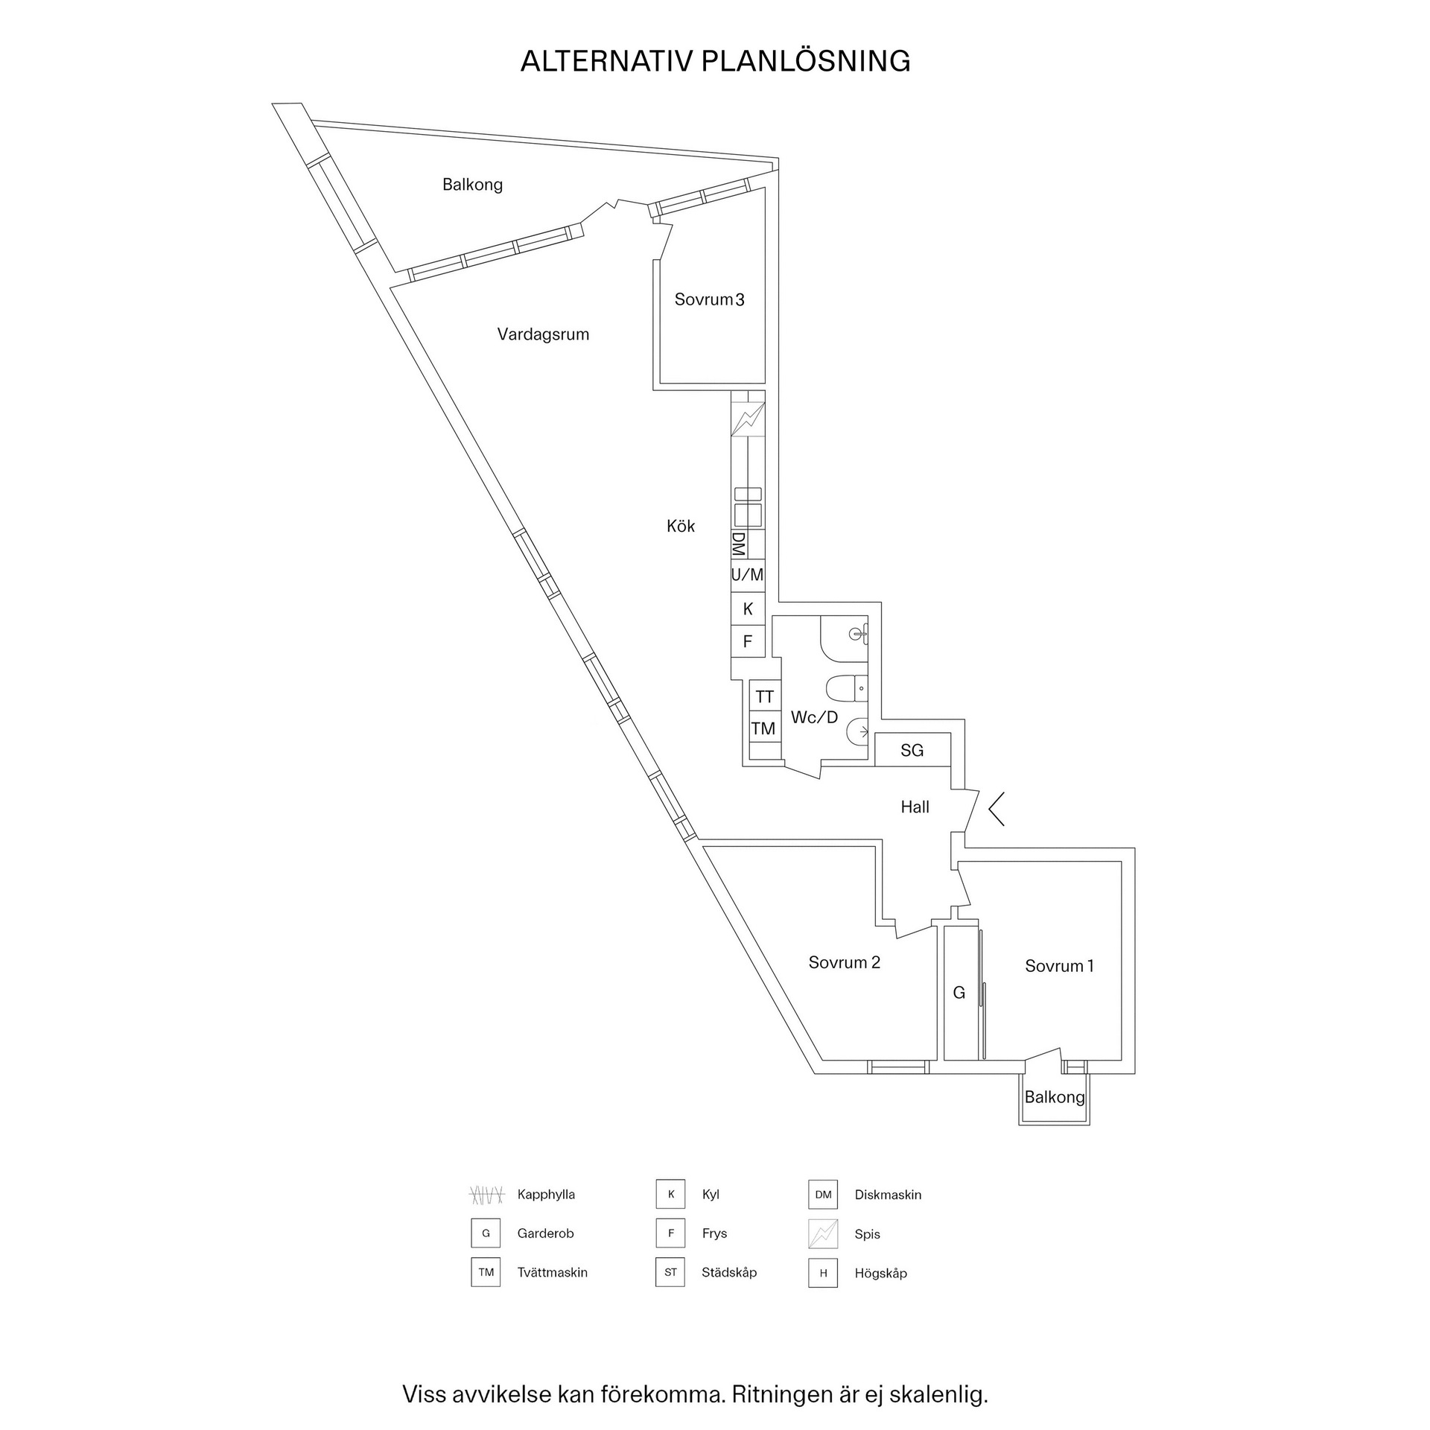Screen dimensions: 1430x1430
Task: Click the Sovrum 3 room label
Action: [709, 299]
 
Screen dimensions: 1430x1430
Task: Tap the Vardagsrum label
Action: [543, 334]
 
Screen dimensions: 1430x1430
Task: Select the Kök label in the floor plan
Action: [681, 527]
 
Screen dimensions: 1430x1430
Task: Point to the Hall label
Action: [915, 807]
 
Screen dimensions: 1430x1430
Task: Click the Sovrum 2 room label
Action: [844, 962]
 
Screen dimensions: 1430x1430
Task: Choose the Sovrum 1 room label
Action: [1059, 966]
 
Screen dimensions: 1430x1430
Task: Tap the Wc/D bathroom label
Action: [814, 717]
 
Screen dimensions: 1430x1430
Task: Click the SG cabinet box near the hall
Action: [912, 750]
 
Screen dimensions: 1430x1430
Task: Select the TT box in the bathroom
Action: [764, 696]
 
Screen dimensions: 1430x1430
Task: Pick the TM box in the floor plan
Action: [763, 728]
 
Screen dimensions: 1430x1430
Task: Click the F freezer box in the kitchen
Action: [748, 641]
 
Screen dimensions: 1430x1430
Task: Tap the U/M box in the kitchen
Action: [747, 575]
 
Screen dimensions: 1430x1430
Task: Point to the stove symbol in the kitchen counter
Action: [748, 419]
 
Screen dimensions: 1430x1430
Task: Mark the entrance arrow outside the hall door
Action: [997, 809]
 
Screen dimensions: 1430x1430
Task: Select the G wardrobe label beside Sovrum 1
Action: [959, 992]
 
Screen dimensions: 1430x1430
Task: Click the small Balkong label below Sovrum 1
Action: [1054, 1097]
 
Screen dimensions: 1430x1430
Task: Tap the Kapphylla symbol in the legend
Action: [486, 1195]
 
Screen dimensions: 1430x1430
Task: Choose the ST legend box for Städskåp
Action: [670, 1272]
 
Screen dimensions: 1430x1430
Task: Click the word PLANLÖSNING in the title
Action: [806, 61]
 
